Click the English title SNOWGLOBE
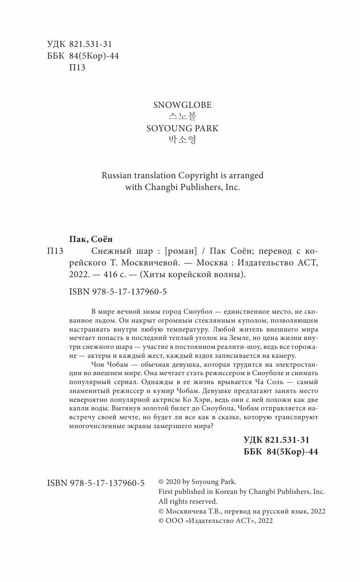[180, 105]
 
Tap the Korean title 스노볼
[180, 116]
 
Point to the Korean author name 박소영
[180, 139]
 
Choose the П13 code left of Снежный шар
[55, 251]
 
